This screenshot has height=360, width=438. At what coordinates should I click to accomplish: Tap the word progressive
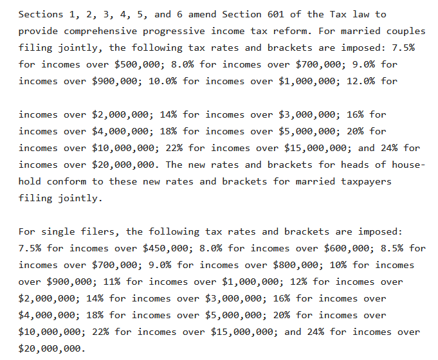click(168, 31)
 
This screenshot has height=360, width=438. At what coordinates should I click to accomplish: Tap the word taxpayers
click(365, 181)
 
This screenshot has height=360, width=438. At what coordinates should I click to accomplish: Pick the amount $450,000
click(170, 248)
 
